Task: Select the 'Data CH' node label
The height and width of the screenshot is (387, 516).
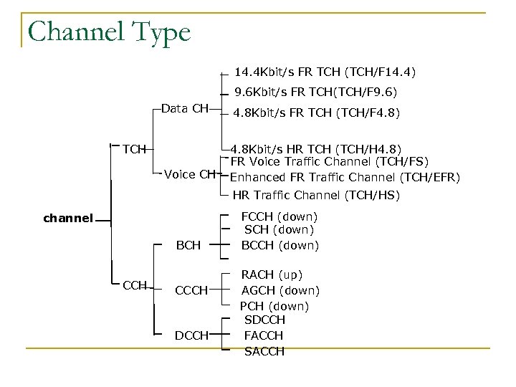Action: [x=185, y=108]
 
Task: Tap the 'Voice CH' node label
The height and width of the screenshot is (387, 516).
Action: [x=190, y=173]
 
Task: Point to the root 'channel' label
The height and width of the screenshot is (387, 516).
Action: [x=67, y=217]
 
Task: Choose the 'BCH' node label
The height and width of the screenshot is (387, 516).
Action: [x=188, y=245]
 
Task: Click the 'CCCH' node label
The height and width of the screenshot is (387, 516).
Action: [x=191, y=290]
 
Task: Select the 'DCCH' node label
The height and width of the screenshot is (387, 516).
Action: [x=191, y=335]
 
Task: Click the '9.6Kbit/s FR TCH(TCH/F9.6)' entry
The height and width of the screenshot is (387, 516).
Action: [x=316, y=92]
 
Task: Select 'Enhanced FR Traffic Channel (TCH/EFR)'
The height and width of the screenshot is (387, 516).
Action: [x=345, y=177]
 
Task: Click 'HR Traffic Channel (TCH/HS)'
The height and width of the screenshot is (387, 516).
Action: [x=317, y=195]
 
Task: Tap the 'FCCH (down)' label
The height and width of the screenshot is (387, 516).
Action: [x=279, y=216]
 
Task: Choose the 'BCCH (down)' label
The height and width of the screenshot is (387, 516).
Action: [x=279, y=245]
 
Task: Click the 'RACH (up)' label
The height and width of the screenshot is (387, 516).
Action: [x=272, y=274]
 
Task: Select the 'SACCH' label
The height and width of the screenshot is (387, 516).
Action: [x=264, y=351]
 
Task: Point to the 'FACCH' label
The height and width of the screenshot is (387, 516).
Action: [x=264, y=335]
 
